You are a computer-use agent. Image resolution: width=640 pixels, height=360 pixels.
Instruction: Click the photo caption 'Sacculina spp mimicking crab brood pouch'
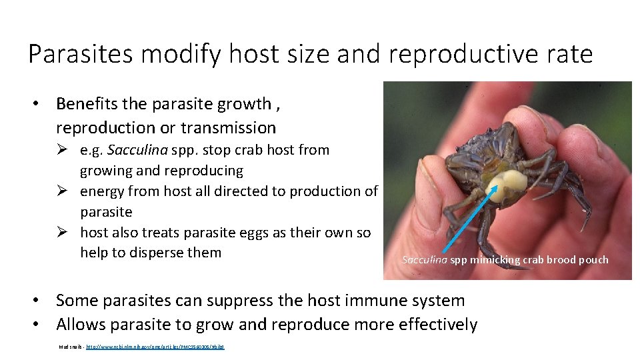(x=505, y=260)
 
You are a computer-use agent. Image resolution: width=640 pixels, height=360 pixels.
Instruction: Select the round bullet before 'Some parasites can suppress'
(x=41, y=301)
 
